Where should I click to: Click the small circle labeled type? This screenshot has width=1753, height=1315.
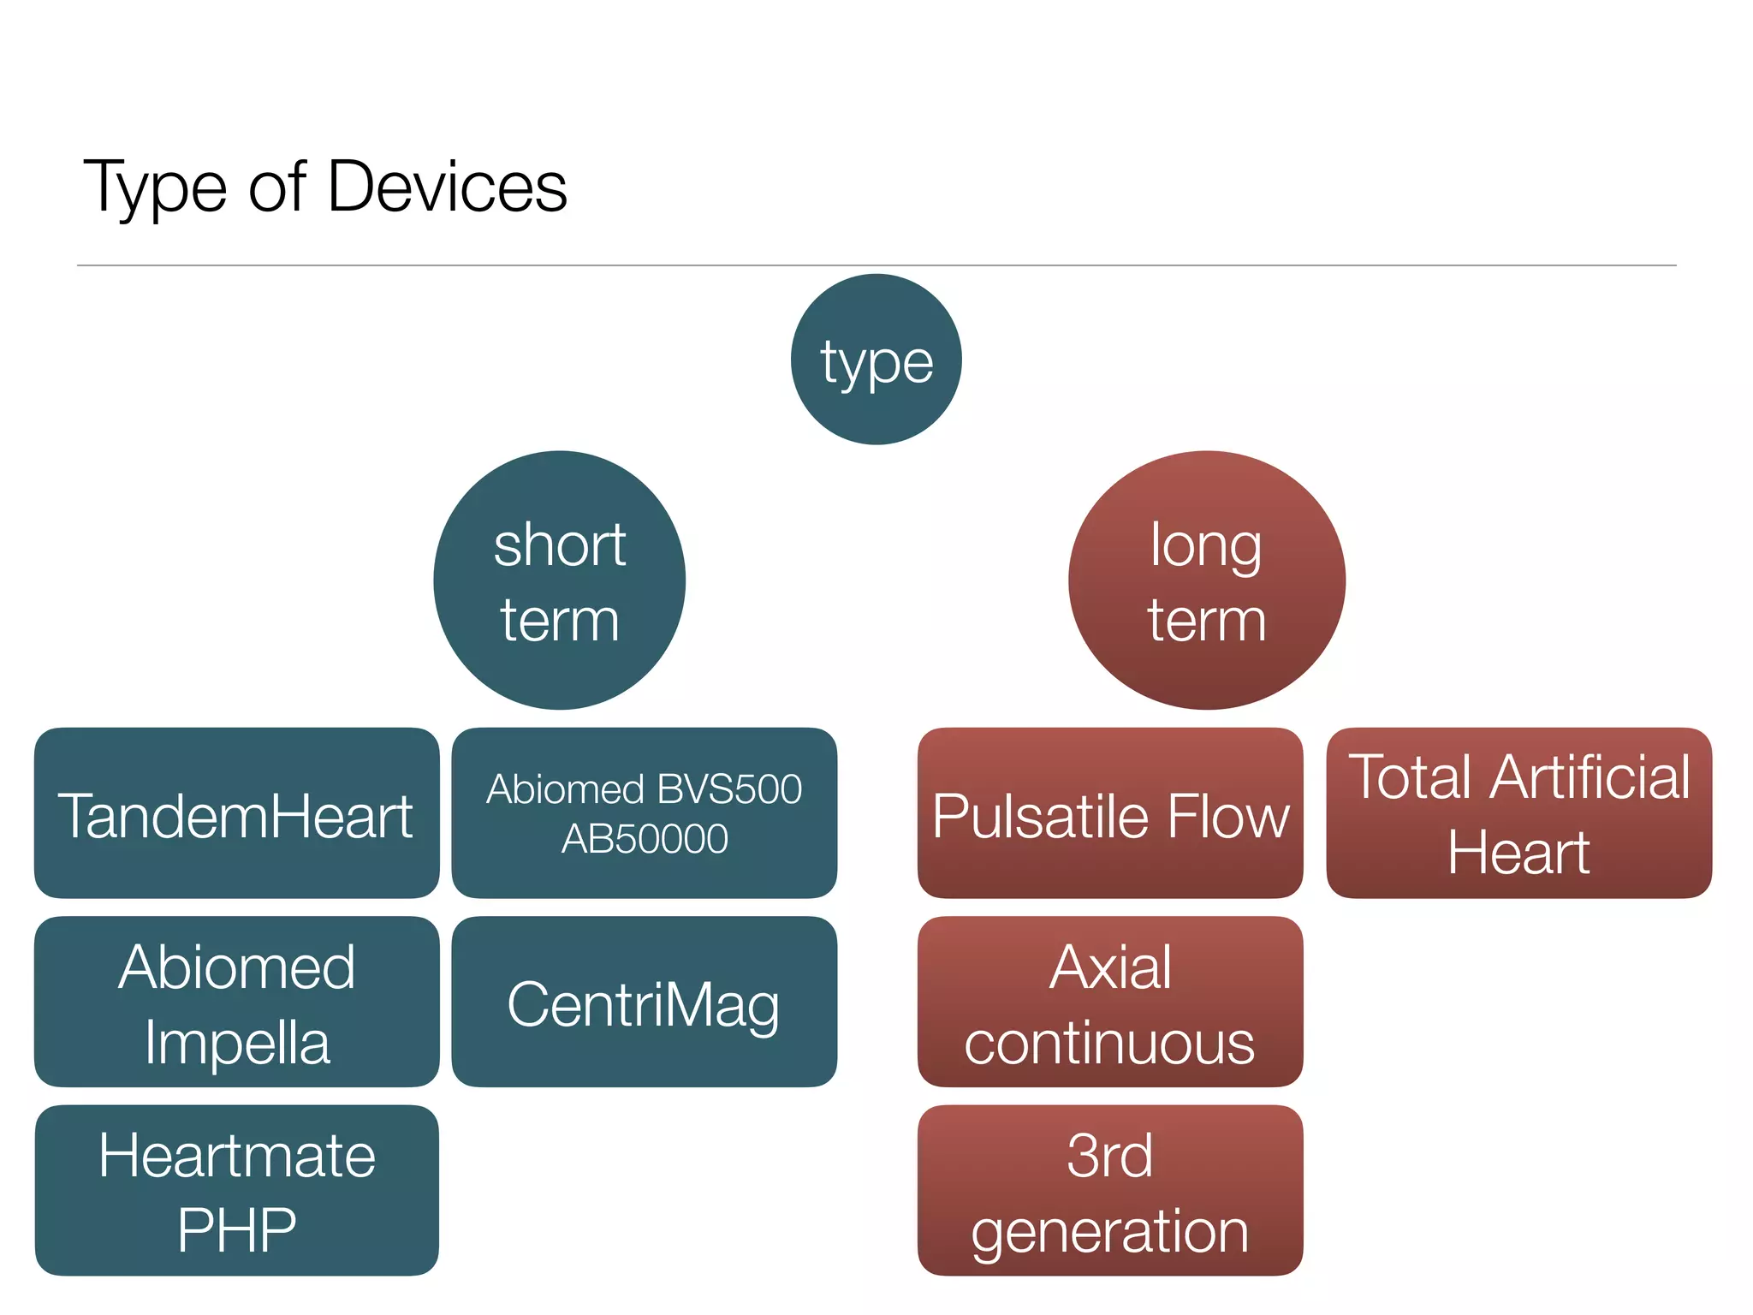pyautogui.click(x=876, y=360)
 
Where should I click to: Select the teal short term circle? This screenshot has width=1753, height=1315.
pyautogui.click(x=560, y=580)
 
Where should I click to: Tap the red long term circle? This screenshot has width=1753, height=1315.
pyautogui.click(x=1206, y=580)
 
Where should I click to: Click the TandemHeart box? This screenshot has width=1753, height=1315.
pyautogui.click(x=236, y=814)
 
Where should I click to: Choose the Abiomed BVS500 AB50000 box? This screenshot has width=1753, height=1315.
pyautogui.click(x=644, y=813)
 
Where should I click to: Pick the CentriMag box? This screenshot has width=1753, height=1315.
pyautogui.click(x=644, y=1003)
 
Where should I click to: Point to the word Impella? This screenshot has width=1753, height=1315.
pyautogui.click(x=237, y=1042)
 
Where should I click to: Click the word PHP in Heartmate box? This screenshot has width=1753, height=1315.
pyautogui.click(x=237, y=1230)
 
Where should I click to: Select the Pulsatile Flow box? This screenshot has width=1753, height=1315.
pyautogui.click(x=1110, y=814)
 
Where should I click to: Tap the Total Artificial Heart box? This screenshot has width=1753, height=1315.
pyautogui.click(x=1518, y=813)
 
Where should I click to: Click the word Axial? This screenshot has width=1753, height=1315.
pyautogui.click(x=1110, y=967)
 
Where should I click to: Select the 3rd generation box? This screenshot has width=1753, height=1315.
pyautogui.click(x=1110, y=1191)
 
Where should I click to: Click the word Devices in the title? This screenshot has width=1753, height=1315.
pyautogui.click(x=447, y=186)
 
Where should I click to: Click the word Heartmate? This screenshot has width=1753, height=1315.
pyautogui.click(x=237, y=1155)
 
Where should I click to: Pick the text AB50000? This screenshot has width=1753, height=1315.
pyautogui.click(x=645, y=838)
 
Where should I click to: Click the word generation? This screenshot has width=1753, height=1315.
pyautogui.click(x=1110, y=1232)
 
